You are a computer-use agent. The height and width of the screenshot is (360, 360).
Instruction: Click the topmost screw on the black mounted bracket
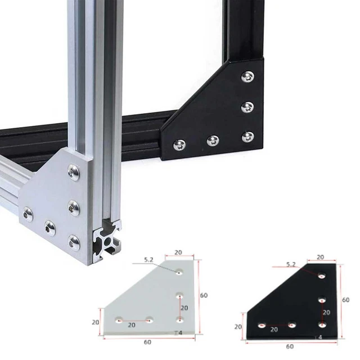tap(247, 76)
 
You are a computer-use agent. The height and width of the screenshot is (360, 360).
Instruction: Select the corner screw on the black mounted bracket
tap(247, 137)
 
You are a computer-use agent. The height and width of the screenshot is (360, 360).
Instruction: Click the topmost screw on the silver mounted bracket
tap(74, 173)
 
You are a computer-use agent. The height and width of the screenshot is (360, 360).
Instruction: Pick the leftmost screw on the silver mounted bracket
tap(28, 214)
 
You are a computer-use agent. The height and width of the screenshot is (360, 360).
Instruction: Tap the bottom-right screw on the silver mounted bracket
tap(74, 242)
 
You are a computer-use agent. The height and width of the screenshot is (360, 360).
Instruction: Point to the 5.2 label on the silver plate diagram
tap(149, 260)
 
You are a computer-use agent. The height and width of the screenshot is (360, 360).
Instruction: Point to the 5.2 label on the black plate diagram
tap(291, 264)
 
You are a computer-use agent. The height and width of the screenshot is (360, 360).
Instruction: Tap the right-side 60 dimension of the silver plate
tap(204, 295)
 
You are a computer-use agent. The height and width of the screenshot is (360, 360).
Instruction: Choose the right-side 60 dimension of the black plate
tap(345, 300)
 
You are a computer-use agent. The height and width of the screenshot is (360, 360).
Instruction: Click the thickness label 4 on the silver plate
tap(181, 334)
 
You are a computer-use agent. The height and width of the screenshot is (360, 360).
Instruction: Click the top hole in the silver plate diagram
tap(179, 273)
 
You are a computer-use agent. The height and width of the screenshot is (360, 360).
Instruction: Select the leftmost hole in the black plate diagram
tap(261, 325)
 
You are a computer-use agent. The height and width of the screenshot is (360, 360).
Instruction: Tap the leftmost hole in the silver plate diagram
tap(119, 320)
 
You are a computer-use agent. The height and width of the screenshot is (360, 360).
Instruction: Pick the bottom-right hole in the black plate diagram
tap(322, 325)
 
